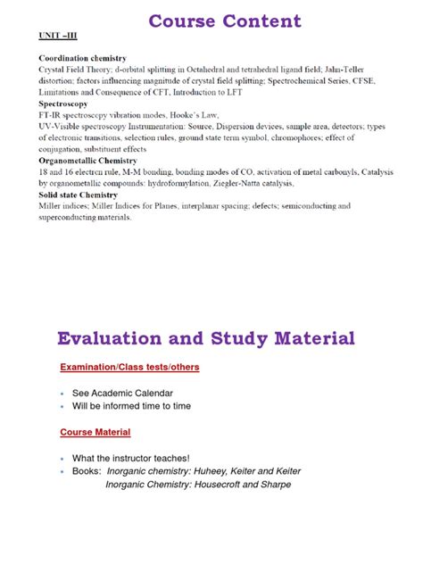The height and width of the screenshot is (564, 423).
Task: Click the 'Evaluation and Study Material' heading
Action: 206,338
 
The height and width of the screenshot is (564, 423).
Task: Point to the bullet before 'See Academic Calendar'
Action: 62,394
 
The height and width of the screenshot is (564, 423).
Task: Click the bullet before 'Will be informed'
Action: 62,406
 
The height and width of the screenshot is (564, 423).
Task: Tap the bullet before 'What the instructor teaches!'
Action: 62,459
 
